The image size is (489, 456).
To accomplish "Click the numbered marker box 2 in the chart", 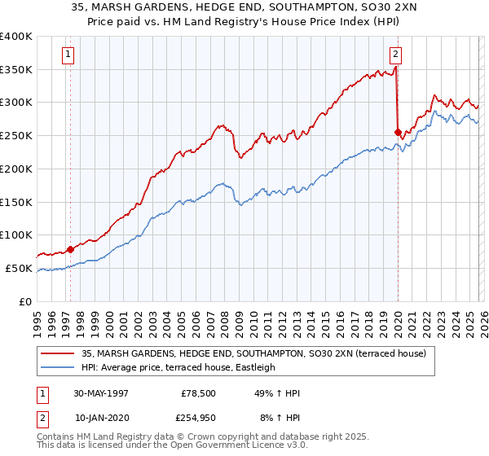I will coord(395,55).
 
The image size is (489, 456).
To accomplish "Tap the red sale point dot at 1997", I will coord(71,249).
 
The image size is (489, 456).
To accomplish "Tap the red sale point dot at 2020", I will coord(398,132).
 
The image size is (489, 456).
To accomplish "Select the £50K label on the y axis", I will coord(19,268).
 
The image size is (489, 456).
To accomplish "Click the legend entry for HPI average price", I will coord(178,367).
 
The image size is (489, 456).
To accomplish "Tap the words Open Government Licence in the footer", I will coord(230,447).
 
